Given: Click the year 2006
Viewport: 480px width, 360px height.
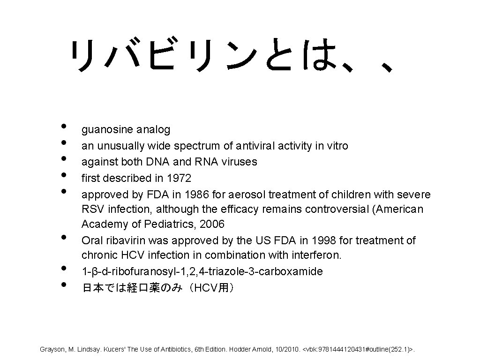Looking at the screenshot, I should (212, 224).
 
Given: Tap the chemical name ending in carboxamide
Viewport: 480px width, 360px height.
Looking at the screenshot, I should (202, 271).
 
